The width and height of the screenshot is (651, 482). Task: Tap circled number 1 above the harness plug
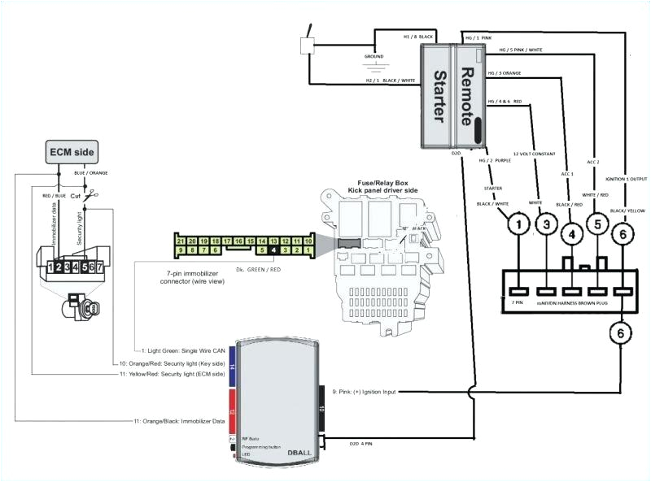click(x=516, y=220)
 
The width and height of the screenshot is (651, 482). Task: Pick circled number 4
click(x=572, y=236)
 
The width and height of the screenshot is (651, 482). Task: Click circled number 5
click(x=597, y=224)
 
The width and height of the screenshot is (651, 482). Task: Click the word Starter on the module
click(x=440, y=96)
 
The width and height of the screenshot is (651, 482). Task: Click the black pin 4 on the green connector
click(x=275, y=250)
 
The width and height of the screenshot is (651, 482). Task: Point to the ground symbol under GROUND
click(x=375, y=67)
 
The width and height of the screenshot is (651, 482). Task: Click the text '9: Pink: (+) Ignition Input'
click(x=364, y=393)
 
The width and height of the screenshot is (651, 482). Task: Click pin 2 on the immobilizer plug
click(x=59, y=266)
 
